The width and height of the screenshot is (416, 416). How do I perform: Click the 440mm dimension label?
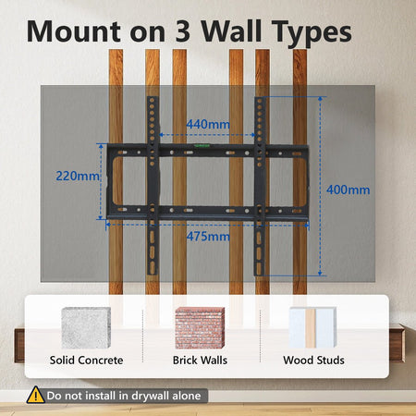coord(208,125)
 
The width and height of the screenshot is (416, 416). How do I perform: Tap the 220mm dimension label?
coord(78,176)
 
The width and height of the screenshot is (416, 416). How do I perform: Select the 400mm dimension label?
coord(349,190)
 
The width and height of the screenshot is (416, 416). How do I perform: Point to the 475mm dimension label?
coord(208,237)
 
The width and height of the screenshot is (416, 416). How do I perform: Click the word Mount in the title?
coord(74,31)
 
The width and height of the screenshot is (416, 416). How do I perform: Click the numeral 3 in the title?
coord(183,31)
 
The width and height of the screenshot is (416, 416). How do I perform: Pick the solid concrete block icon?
coord(86,328)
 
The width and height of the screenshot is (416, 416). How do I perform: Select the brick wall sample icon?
coord(200,328)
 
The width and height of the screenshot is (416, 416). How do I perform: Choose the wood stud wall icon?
coord(312,327)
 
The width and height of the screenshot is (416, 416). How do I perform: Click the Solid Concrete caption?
coord(86,361)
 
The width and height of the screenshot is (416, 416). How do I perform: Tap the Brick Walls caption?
coord(200,361)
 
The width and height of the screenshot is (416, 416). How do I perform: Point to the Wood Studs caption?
coord(313,361)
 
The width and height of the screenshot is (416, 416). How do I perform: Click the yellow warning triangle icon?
coord(36,395)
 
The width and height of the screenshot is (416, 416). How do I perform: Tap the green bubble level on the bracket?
coord(202,145)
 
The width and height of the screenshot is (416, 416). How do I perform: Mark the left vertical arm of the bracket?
coord(153,186)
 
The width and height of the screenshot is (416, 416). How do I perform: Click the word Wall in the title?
coord(231,31)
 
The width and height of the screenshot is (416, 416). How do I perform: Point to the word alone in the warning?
coord(187,396)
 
